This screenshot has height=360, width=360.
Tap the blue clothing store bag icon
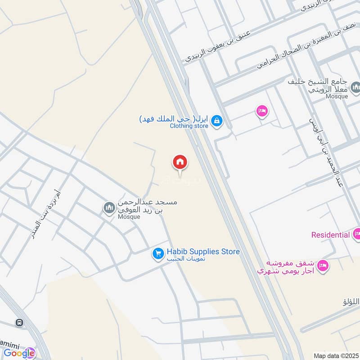tap(217, 121)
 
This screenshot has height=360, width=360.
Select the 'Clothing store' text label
tap(189, 126)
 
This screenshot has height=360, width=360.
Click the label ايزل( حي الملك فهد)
tap(174, 119)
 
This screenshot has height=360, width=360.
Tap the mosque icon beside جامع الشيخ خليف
tap(355, 87)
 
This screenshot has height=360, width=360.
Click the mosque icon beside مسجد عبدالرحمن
tap(108, 208)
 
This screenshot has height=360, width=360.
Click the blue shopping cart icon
tap(157, 254)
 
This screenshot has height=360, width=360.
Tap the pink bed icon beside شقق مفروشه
tap(323, 266)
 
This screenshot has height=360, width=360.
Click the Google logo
tap(19, 353)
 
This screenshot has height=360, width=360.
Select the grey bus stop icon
tap(19, 323)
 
